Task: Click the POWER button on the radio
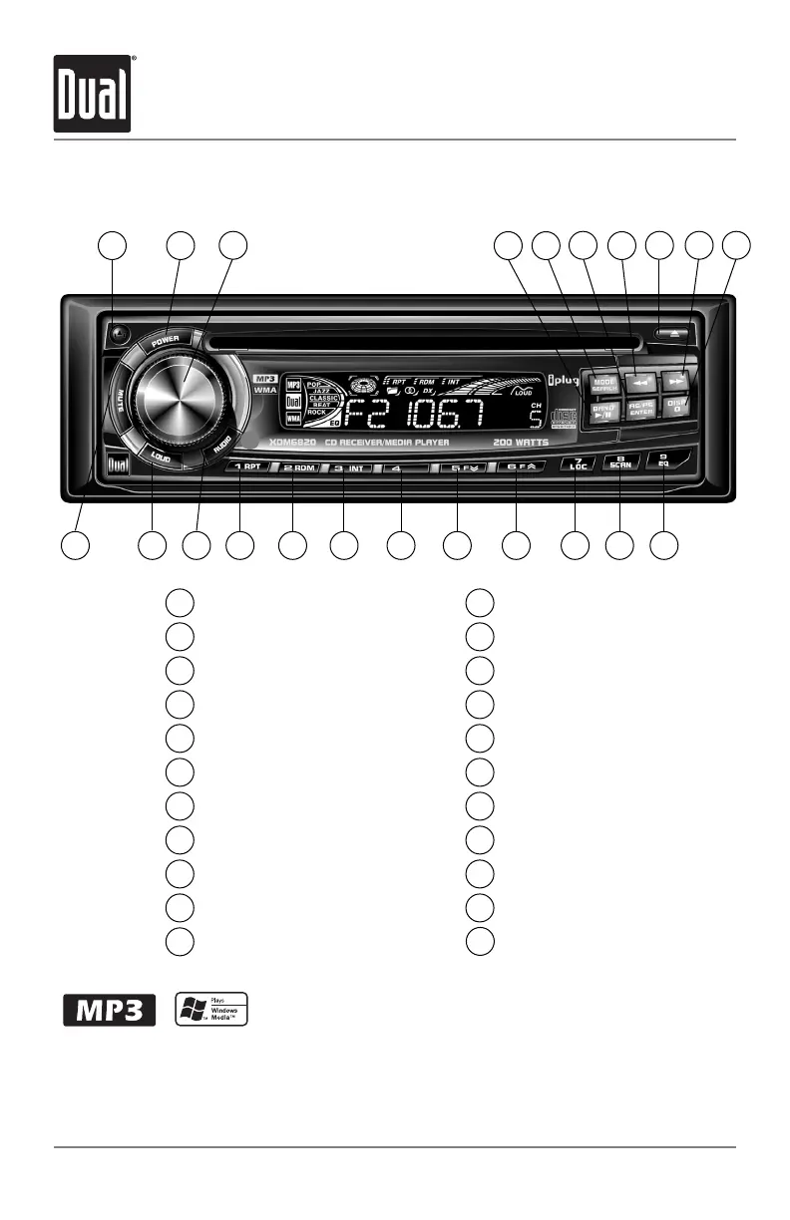click(x=164, y=342)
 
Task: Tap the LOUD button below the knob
click(x=160, y=456)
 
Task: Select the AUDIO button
click(x=221, y=450)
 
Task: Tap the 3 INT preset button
click(x=349, y=466)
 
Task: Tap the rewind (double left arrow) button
click(x=639, y=381)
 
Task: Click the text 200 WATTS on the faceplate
click(x=520, y=441)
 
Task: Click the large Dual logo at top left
click(x=93, y=94)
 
